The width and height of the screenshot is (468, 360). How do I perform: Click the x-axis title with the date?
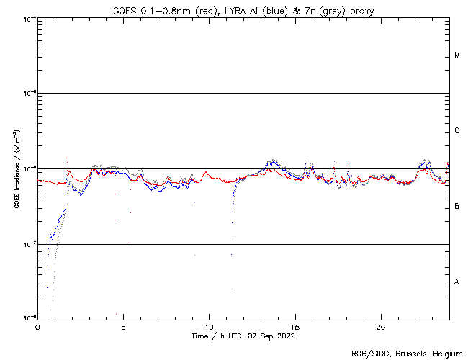[243, 336]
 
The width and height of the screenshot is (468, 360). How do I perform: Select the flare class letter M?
[457, 55]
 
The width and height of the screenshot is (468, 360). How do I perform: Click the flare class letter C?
[457, 131]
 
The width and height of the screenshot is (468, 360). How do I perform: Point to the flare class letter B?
[457, 207]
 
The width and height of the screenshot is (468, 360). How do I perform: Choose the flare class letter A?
[457, 282]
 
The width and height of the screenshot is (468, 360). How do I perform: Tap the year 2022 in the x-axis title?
[285, 336]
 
